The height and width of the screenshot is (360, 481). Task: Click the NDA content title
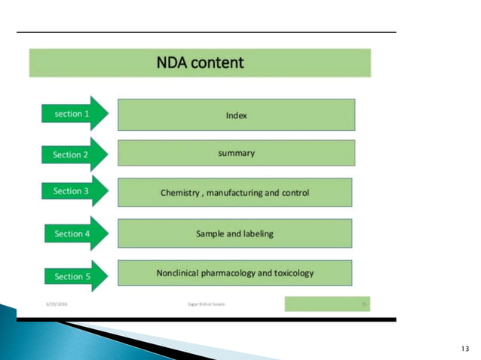pyautogui.click(x=200, y=63)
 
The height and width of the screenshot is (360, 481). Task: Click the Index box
pyautogui.click(x=236, y=116)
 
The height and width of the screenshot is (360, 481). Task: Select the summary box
pyautogui.click(x=236, y=153)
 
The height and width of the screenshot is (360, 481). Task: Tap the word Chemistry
pyautogui.click(x=181, y=193)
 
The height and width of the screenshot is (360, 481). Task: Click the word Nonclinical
pyautogui.click(x=180, y=273)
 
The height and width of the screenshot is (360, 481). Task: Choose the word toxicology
pyautogui.click(x=292, y=273)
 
